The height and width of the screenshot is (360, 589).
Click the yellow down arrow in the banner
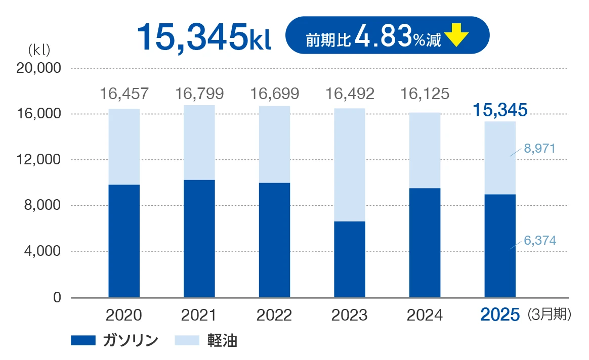tap(458, 36)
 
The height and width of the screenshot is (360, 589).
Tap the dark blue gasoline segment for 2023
tap(350, 259)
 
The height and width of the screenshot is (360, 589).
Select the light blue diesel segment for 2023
tap(350, 165)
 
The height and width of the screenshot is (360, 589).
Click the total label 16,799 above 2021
tap(199, 94)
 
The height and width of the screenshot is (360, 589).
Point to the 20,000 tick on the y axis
tap(39, 68)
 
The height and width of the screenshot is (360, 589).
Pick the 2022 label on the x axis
tap(274, 315)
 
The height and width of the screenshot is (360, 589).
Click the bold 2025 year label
tap(500, 315)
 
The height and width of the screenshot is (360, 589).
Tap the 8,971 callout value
tap(539, 149)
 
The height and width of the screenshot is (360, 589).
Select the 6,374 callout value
tap(539, 241)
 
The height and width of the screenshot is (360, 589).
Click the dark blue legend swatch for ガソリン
tap(83, 340)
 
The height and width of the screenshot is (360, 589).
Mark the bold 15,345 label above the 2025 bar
tap(500, 109)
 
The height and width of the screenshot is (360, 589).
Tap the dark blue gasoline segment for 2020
tap(124, 241)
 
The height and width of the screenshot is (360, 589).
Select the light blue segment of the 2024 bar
tap(425, 150)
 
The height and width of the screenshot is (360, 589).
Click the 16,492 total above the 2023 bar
tap(350, 94)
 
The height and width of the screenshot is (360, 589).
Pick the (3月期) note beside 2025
tap(549, 314)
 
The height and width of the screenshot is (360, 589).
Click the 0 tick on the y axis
tap(57, 298)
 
